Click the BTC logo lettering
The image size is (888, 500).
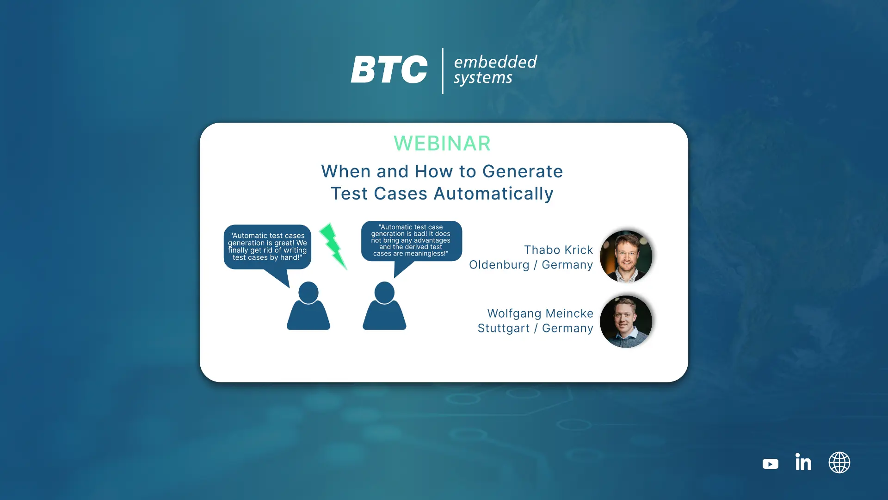pyautogui.click(x=389, y=69)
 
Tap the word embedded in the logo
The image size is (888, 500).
pyautogui.click(x=495, y=62)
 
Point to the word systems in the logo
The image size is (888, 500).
pyautogui.click(x=483, y=78)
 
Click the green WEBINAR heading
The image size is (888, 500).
pyautogui.click(x=442, y=143)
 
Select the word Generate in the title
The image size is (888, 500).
pyautogui.click(x=523, y=171)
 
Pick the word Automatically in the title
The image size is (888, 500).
pyautogui.click(x=493, y=194)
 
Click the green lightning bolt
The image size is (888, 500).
pyautogui.click(x=333, y=246)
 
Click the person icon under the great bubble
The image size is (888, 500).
pyautogui.click(x=308, y=306)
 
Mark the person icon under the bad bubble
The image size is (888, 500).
pyautogui.click(x=384, y=306)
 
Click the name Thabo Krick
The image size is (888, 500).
pyautogui.click(x=558, y=250)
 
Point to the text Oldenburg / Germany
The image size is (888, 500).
pyautogui.click(x=531, y=265)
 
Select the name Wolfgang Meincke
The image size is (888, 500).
pyautogui.click(x=540, y=313)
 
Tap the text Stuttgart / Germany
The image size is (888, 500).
pyautogui.click(x=535, y=328)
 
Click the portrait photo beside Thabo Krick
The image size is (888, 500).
pyautogui.click(x=626, y=256)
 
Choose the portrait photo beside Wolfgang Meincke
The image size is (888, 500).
pyautogui.click(x=626, y=322)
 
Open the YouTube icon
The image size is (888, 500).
pyautogui.click(x=771, y=464)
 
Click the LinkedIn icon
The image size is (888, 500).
pyautogui.click(x=803, y=462)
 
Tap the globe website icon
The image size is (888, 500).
pyautogui.click(x=839, y=462)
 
